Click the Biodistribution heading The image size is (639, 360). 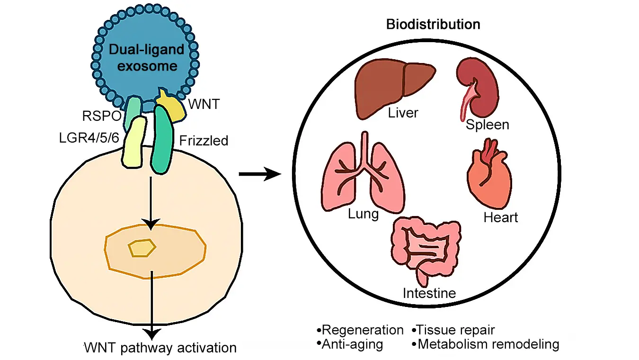coord(433,24)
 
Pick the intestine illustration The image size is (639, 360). coord(424,251)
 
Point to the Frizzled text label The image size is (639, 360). coord(204,141)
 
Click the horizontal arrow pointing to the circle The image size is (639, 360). coord(259,175)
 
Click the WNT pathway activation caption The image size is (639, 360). coord(160,348)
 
